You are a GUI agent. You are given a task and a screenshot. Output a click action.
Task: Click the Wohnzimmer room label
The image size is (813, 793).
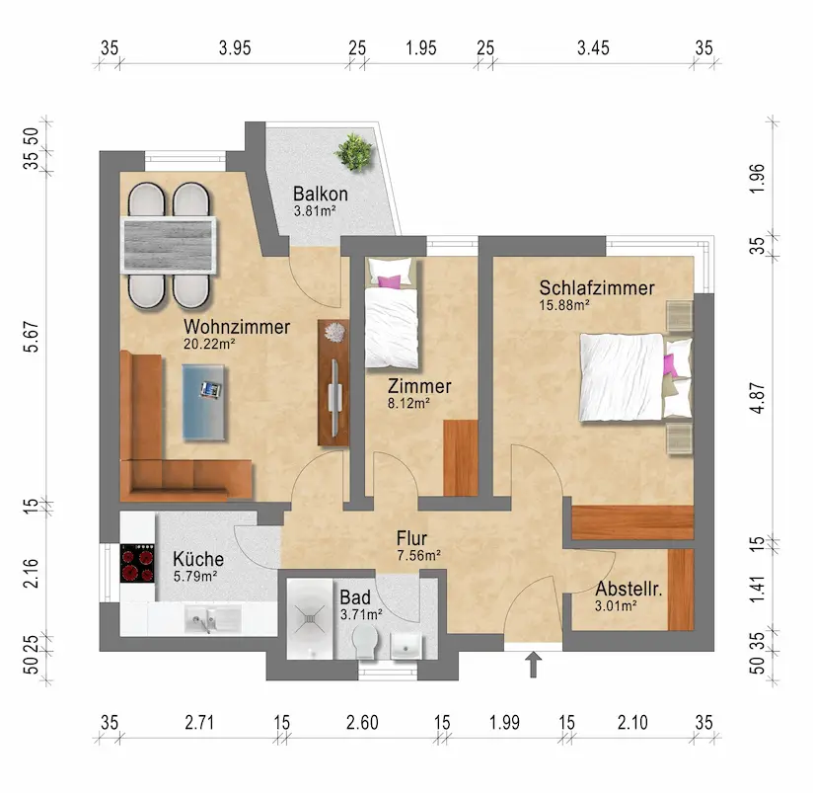[237, 327]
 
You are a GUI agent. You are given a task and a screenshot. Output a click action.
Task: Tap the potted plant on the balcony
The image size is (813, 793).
[354, 152]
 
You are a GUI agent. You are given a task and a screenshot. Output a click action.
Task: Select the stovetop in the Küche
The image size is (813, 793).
[137, 563]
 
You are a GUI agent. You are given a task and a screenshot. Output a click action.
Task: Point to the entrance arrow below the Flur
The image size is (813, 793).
[533, 665]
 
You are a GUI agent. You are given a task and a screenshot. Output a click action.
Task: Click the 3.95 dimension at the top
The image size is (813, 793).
[235, 48]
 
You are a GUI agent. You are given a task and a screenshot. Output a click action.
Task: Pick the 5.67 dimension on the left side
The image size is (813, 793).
[32, 337]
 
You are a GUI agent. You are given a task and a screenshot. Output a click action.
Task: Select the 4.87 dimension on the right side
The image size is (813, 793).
[758, 398]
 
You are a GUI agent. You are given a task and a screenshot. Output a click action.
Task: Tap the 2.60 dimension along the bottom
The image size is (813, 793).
[362, 722]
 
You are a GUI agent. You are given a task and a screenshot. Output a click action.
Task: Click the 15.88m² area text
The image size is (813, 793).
[564, 305]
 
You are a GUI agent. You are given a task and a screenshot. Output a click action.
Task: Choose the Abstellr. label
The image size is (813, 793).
[628, 589]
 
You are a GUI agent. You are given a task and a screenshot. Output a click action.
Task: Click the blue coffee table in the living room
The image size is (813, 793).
[204, 403]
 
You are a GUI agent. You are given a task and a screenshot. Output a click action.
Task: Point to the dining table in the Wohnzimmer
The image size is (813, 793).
[169, 245]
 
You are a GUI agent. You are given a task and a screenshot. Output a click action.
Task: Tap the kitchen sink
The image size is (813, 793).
[212, 619]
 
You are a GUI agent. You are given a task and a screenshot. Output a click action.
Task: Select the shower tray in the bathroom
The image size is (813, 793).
[310, 619]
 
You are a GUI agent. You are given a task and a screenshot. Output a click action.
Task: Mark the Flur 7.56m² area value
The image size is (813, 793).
[419, 556]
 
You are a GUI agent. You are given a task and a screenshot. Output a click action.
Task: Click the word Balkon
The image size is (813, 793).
[321, 195]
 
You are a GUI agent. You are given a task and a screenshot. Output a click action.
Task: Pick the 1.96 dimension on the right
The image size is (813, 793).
[758, 178]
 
